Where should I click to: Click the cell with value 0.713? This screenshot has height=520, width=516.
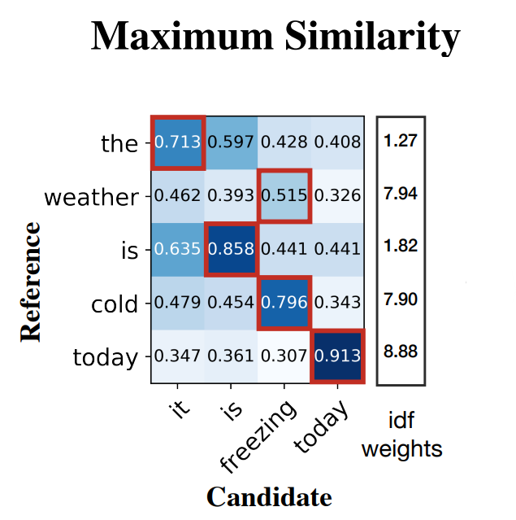pos(177,142)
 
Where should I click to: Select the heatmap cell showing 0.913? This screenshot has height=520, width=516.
pos(338,356)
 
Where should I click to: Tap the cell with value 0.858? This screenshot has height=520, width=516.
pos(231,250)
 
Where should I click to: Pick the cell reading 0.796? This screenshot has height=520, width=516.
pos(284,303)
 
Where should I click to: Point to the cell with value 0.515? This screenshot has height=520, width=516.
pos(284,196)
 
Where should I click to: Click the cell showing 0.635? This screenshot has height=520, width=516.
pos(177,250)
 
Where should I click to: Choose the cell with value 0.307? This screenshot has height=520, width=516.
pos(284,356)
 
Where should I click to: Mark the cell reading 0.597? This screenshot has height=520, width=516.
pos(231,142)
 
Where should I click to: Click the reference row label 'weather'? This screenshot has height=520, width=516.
pos(91,197)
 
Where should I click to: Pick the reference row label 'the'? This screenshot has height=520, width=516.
pos(119,144)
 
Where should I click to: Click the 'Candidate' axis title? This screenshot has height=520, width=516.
pos(269,496)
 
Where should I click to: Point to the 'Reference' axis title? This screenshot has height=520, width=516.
pos(31,281)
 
